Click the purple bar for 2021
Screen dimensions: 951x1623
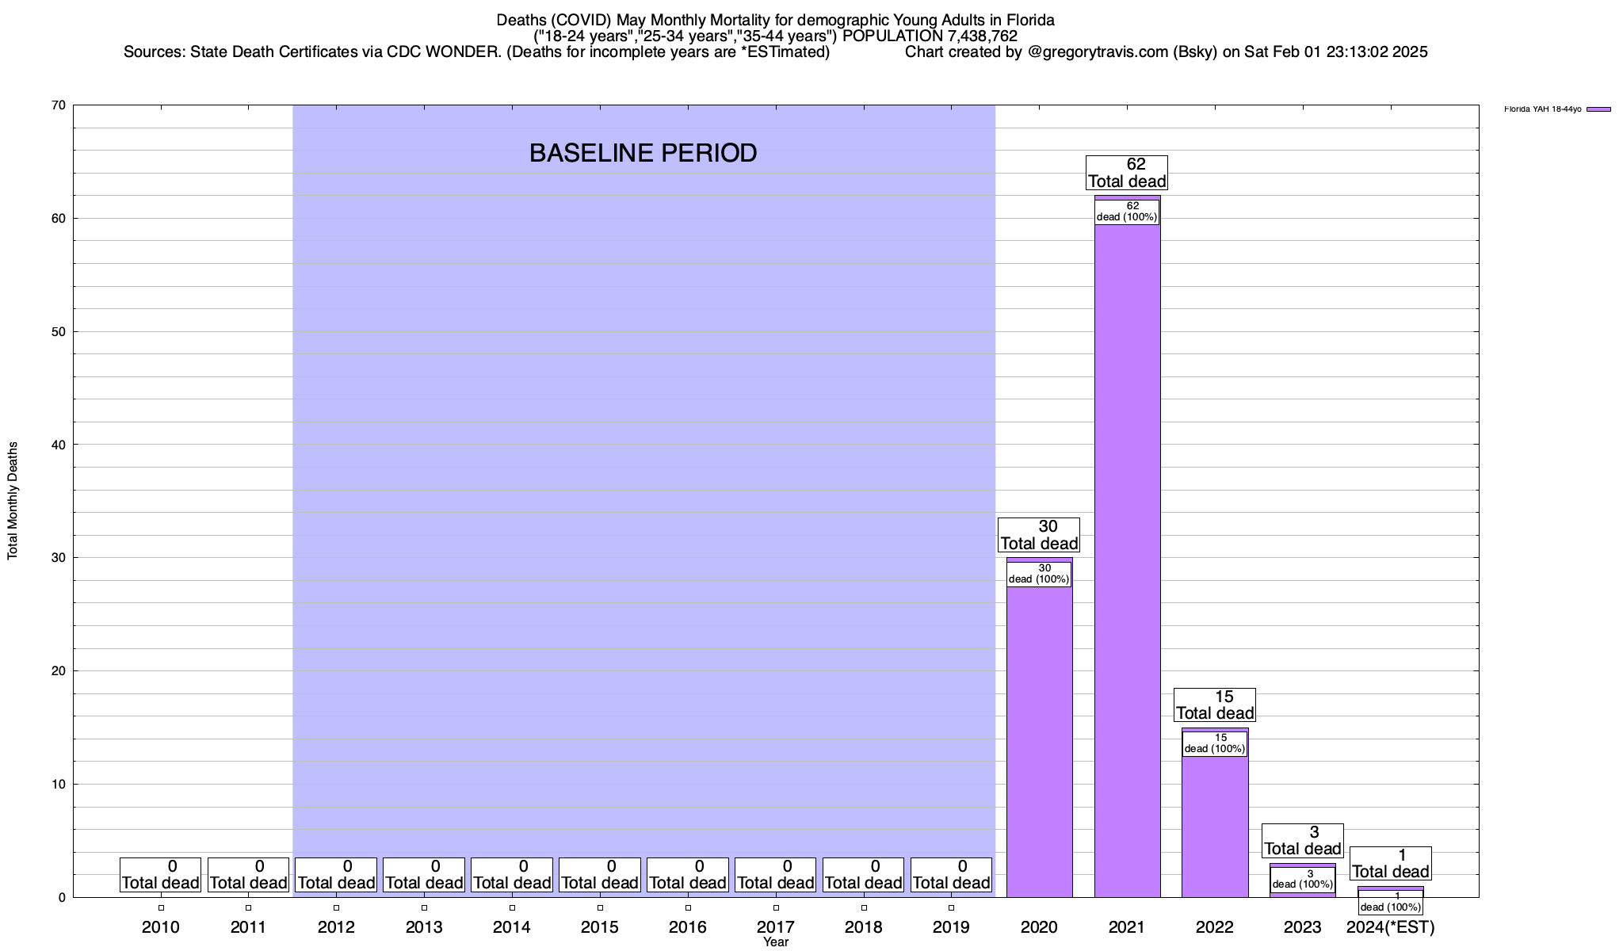1127,555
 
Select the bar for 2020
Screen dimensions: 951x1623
1039,737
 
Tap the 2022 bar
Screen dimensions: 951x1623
1215,824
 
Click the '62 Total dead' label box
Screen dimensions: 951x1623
1126,173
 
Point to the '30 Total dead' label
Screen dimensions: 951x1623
1039,535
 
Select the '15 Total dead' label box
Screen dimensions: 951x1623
1215,705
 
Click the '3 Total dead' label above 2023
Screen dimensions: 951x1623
1302,840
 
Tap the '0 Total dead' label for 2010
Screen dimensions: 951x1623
160,874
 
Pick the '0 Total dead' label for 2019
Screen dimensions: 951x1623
951,874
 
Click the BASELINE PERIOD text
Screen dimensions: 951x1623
643,153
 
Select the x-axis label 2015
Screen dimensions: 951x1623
600,926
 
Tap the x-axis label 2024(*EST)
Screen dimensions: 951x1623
1390,926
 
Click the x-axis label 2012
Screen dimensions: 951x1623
336,926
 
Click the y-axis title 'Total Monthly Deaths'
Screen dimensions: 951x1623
13,501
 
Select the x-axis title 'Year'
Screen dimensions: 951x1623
776,942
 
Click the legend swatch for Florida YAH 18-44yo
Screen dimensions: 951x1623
1598,109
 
